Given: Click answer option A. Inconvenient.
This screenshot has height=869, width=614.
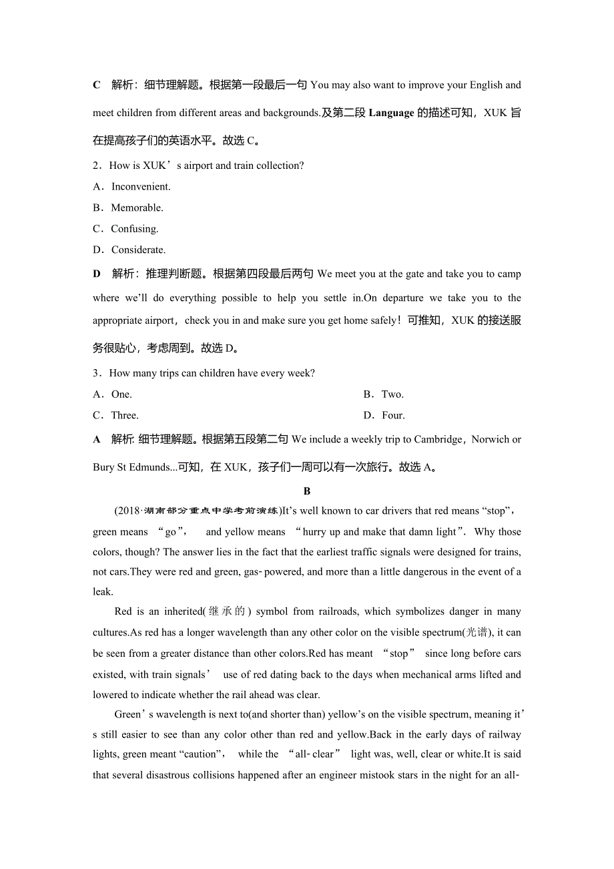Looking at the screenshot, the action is [x=132, y=187].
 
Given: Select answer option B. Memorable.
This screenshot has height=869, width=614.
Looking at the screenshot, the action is [x=128, y=208].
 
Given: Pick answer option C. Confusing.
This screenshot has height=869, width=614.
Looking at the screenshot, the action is [x=126, y=229].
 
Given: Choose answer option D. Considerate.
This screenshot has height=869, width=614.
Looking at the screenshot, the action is [x=129, y=250].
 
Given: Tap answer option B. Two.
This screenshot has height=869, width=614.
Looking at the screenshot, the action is [x=384, y=394].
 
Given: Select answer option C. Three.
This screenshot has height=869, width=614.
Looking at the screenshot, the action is [x=116, y=415].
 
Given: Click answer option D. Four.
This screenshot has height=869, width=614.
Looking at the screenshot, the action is [x=384, y=415].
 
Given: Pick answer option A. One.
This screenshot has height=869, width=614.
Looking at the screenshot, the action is [x=113, y=394].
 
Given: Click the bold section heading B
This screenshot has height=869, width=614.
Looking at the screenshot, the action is [x=307, y=491].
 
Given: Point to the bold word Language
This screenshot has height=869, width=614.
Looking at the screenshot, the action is [x=391, y=113].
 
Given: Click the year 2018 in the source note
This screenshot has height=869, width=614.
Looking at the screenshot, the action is [x=127, y=511].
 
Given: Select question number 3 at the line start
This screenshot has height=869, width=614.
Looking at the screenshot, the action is [x=96, y=373].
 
